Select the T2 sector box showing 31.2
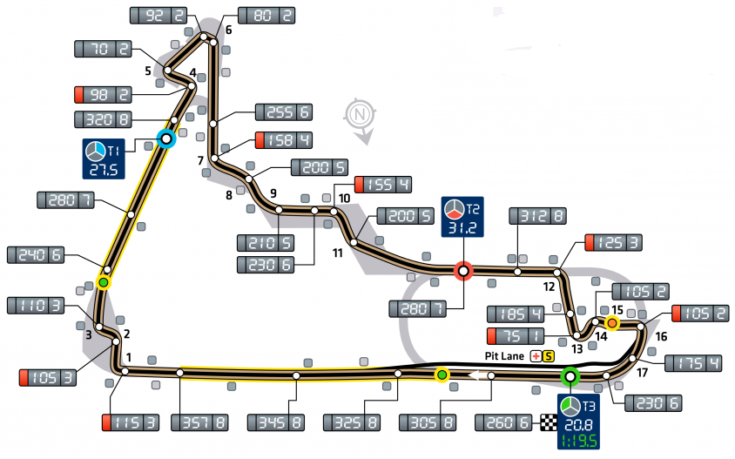click(463, 218)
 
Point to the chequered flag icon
click(548, 422)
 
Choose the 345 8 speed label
click(276, 423)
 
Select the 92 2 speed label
click(158, 15)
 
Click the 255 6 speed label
click(284, 111)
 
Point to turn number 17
click(643, 373)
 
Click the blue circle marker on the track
click(166, 137)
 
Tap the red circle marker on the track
click(463, 271)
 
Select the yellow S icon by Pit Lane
click(548, 355)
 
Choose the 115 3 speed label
click(131, 423)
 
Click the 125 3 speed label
click(613, 241)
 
